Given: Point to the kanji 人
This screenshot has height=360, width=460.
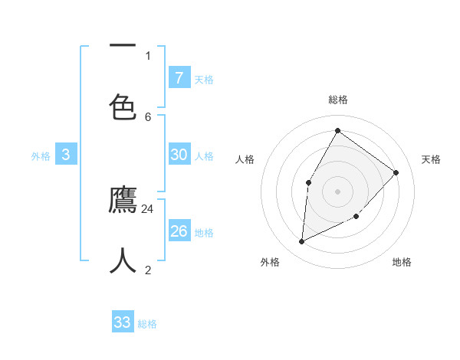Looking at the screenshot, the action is pos(123,261).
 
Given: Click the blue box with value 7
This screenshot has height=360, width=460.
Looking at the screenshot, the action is pos(179,77).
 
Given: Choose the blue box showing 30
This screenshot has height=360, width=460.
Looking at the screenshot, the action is pos(179,154).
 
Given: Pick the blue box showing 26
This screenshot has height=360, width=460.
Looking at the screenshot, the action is pos(179,231).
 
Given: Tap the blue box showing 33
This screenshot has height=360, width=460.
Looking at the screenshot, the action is pos(122,322).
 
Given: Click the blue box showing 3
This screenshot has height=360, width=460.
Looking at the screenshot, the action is pos(66,154).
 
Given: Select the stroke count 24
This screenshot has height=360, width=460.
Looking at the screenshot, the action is pos(148,208).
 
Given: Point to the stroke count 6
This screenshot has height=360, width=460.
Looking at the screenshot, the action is pos(148,116).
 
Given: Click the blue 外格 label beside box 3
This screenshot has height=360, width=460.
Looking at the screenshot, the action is pos(41,155).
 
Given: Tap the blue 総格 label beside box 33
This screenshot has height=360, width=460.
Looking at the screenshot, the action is pos(147,324).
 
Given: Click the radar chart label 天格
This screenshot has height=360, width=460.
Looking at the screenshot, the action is pos(431,159).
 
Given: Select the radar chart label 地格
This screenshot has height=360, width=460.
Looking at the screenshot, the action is pos(402,262).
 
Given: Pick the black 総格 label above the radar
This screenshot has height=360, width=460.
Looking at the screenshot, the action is pos(337,100).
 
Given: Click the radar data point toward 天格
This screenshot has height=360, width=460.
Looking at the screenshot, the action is pos(396,172).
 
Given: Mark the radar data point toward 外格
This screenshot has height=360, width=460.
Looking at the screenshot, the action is pos(302,242).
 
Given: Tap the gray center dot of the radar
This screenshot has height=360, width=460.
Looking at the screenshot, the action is pos(337,191).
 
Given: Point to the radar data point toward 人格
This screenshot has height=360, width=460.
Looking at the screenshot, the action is pos(308,182).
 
